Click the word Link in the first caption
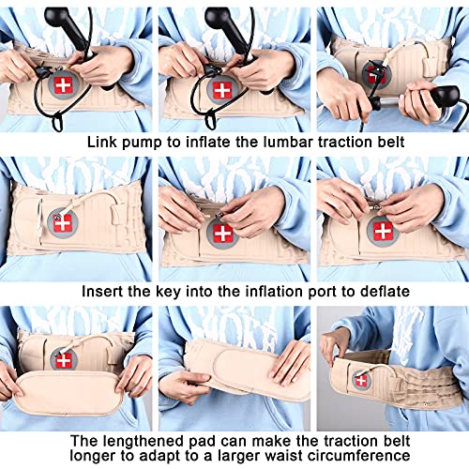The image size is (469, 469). coord(103,142)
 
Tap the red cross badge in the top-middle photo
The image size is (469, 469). coord(221,90)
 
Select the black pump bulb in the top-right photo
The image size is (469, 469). coord(441,94)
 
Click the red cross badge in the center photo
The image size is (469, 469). coord(221,233)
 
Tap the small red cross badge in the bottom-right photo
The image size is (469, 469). coord(362,380)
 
